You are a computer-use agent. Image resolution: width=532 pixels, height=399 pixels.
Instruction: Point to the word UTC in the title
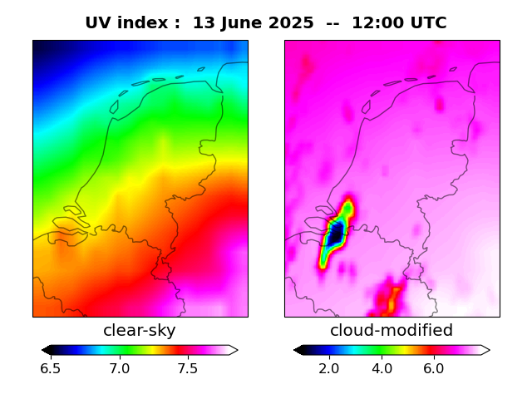428,23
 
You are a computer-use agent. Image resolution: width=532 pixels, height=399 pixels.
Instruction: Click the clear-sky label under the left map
140,331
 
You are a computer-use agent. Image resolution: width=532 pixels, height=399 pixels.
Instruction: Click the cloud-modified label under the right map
392,331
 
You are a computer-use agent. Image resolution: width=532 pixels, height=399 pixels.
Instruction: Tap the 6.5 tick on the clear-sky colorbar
51,368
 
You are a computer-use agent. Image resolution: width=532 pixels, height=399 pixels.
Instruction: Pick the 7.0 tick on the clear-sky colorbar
119,368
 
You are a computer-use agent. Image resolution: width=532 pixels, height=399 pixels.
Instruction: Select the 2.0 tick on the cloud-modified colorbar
330,368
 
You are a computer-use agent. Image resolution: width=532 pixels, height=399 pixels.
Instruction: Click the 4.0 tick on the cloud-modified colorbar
382,368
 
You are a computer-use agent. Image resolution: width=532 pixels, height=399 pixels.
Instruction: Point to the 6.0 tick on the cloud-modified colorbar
433,368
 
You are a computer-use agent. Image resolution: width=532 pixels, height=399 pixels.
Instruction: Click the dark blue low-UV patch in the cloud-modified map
335,234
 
